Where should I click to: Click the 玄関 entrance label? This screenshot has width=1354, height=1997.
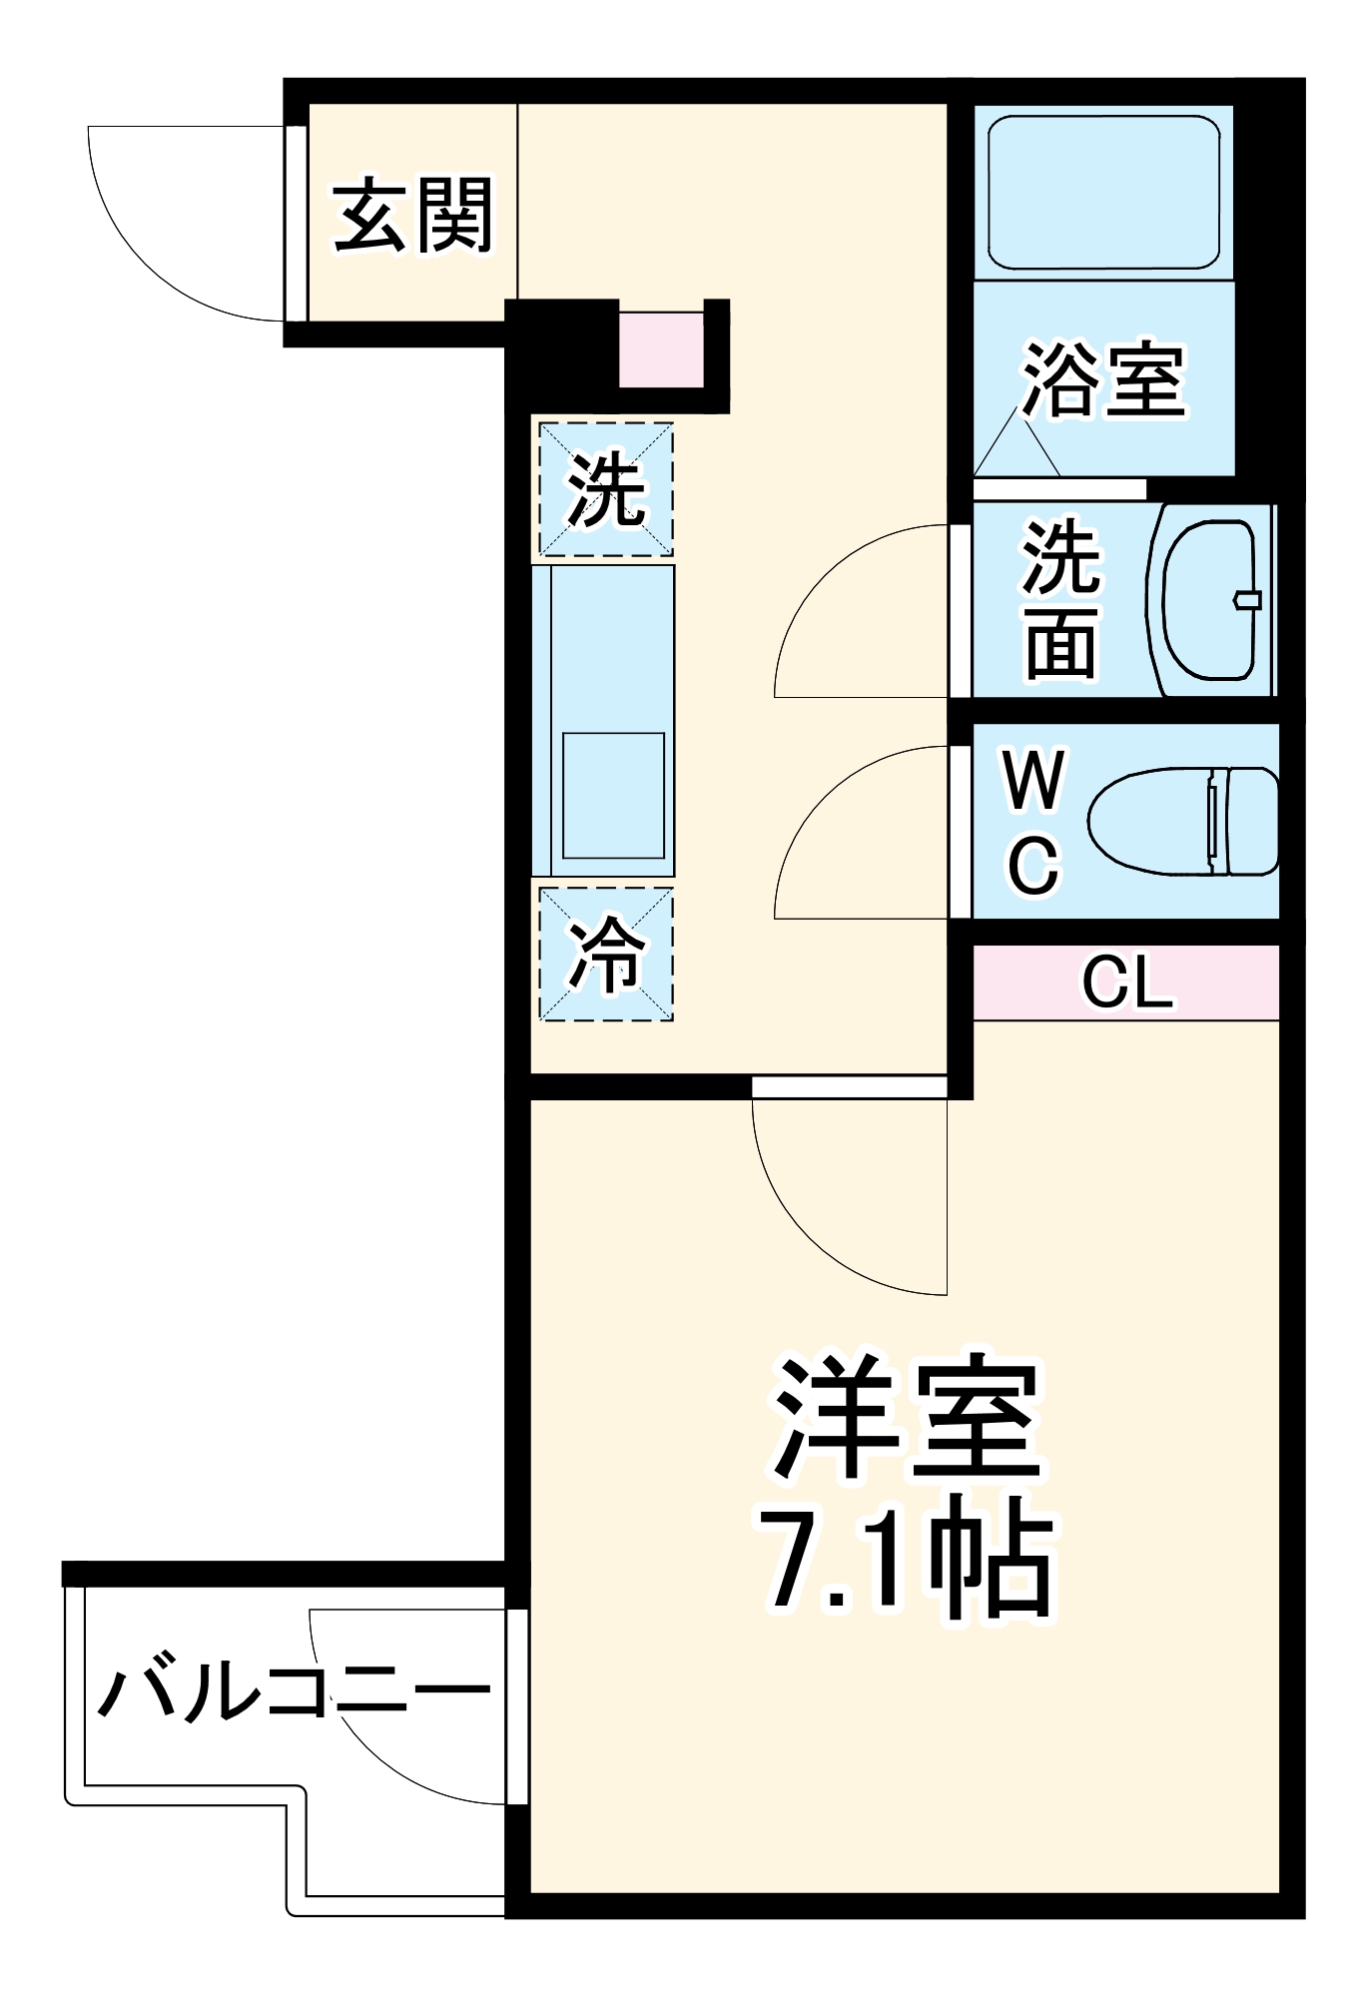[x=412, y=215]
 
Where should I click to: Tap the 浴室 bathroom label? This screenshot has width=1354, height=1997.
[x=1103, y=379]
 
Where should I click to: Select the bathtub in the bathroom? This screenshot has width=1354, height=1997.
[x=1103, y=192]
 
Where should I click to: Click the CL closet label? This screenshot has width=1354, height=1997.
[x=1126, y=983]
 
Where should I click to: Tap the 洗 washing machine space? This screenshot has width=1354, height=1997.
[x=605, y=489]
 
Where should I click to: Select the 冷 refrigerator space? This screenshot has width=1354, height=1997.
[x=605, y=955]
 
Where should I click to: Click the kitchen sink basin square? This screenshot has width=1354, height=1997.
[x=613, y=795]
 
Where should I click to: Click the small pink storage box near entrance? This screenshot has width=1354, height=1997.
[x=661, y=349]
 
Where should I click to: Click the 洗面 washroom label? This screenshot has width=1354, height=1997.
[x=1060, y=599]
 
